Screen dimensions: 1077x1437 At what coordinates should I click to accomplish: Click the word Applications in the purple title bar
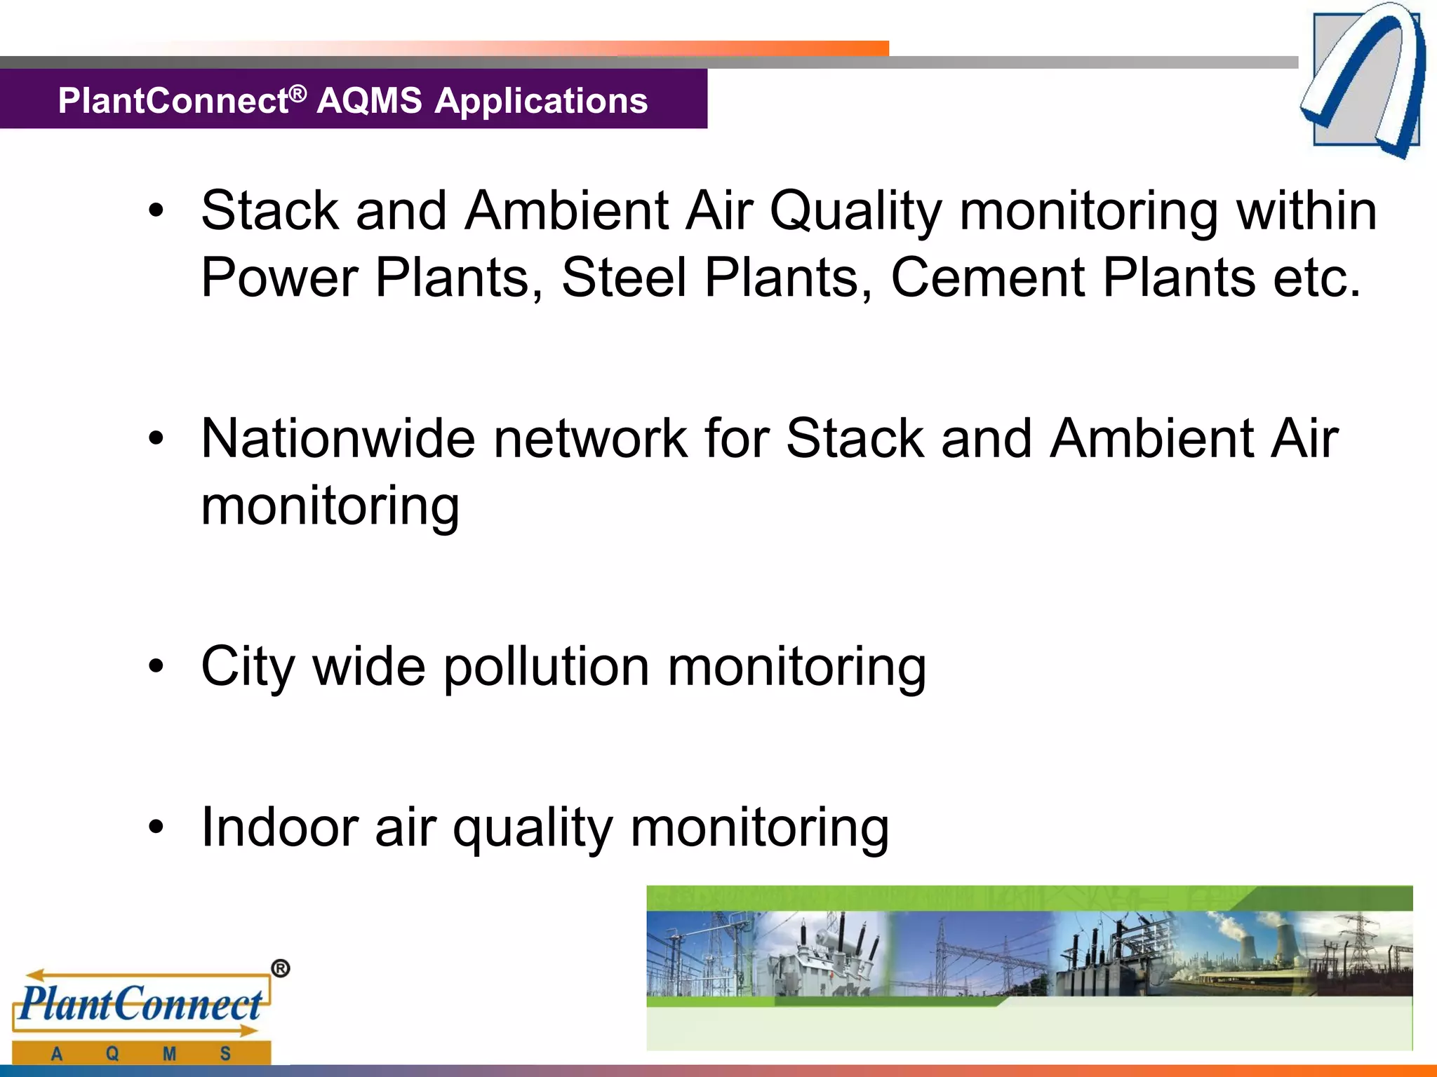tap(541, 101)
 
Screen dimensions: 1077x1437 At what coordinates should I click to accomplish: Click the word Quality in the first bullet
tap(855, 211)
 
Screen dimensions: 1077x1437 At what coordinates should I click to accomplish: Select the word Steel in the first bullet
tap(623, 278)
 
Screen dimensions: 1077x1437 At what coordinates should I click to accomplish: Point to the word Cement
tap(987, 278)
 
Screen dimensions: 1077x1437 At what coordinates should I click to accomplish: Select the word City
tap(247, 668)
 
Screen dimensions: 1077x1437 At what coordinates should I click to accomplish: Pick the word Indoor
tap(279, 828)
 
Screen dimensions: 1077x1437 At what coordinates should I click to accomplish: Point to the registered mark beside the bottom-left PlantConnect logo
tap(280, 969)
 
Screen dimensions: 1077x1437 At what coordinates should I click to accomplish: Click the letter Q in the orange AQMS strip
tap(112, 1053)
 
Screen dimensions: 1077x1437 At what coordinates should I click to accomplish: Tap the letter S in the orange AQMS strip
tap(225, 1053)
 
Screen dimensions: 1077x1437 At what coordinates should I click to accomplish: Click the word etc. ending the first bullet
tap(1317, 278)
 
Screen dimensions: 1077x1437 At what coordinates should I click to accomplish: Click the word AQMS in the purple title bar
tap(370, 101)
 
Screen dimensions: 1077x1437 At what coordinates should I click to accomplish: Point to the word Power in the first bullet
tap(279, 278)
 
